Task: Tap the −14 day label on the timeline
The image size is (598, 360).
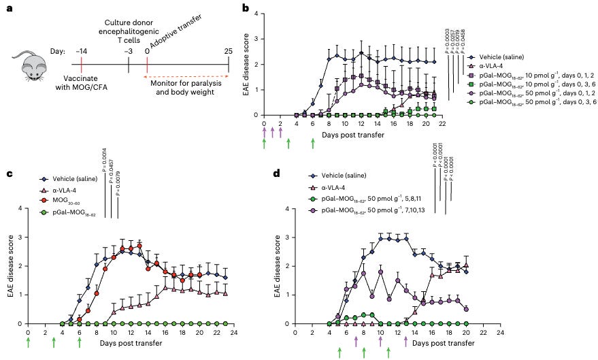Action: tap(80, 52)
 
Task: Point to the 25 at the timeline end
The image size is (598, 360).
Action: tap(228, 52)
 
